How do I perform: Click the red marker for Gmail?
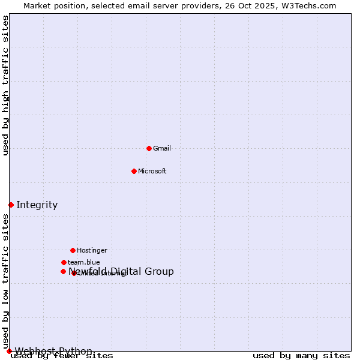click(149, 148)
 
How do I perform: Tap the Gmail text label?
click(162, 149)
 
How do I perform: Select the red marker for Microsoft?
click(134, 171)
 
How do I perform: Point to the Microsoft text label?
click(152, 172)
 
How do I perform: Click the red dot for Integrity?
click(11, 205)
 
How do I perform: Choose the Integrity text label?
click(37, 205)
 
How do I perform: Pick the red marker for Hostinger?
click(73, 250)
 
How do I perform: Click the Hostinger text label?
click(92, 251)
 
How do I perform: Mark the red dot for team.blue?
click(64, 262)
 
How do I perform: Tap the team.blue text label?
click(84, 263)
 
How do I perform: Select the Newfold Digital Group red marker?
click(63, 271)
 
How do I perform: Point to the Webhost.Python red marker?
click(9, 351)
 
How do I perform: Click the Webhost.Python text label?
click(53, 351)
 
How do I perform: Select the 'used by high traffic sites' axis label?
click(6, 85)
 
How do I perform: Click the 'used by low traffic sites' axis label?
click(6, 281)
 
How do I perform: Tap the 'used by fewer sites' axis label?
click(62, 356)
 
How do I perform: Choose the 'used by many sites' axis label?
click(301, 356)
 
